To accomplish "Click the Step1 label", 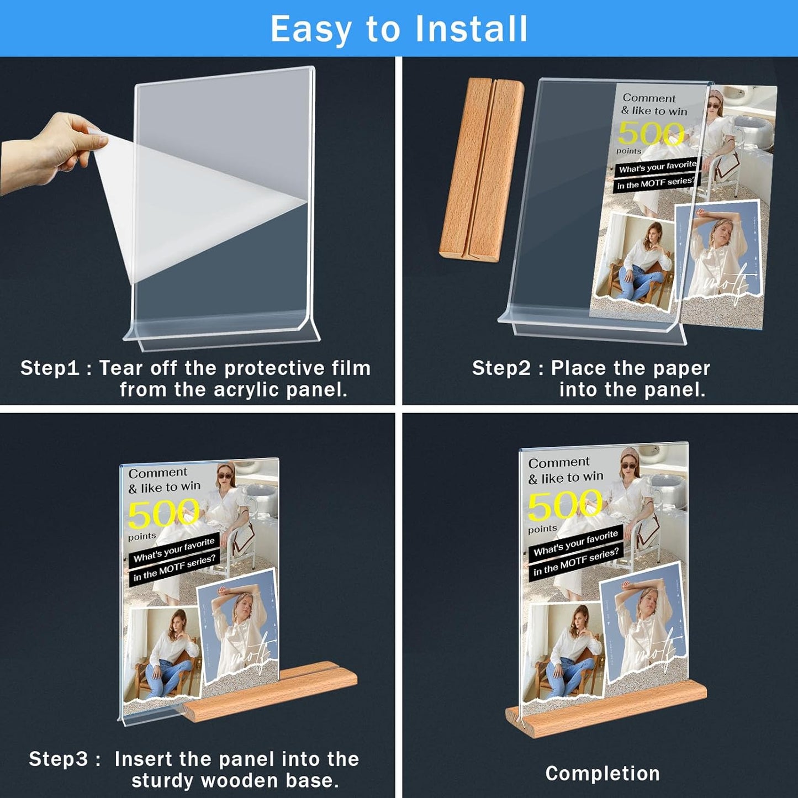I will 50,368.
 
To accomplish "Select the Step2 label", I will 501,368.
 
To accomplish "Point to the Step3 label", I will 58,759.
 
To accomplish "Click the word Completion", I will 603,774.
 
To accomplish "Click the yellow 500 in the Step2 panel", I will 651,133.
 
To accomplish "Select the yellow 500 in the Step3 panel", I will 163,513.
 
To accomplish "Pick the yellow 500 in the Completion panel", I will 564,506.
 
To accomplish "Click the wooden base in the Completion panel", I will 607,712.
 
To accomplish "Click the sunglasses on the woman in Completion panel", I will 628,466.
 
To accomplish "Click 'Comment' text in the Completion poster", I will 559,463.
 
